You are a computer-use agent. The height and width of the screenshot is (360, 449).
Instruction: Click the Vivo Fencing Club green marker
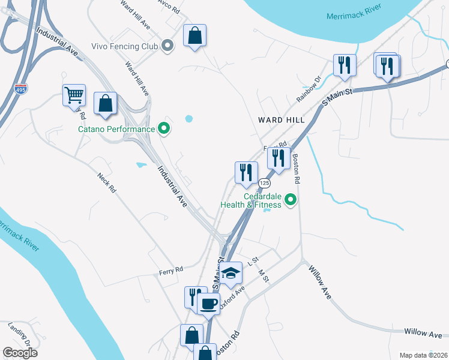(168, 46)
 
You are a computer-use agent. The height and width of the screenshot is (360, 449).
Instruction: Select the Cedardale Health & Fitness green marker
(291, 199)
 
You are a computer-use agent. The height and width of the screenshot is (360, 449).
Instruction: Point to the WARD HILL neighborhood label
(282, 120)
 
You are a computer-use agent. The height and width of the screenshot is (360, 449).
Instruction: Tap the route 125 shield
(264, 182)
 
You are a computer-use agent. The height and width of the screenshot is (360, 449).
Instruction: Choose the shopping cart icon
(74, 95)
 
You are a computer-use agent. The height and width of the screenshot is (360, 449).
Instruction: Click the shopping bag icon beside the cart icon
(106, 103)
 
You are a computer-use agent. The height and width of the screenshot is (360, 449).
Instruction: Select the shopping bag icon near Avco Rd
(194, 35)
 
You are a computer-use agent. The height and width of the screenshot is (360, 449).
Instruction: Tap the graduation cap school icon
(230, 273)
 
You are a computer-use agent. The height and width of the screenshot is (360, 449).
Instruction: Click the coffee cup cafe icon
(208, 304)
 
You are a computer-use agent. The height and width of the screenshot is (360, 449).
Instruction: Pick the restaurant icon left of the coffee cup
(194, 297)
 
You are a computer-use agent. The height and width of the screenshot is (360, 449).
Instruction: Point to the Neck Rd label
(106, 182)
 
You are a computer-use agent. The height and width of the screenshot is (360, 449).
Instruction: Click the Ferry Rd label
(170, 271)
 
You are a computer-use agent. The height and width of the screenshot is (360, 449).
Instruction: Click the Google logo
(20, 353)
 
